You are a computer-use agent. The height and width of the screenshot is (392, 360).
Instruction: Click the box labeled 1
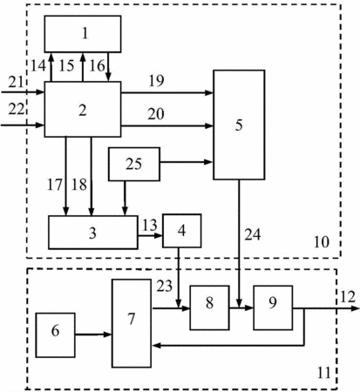pyautogui.click(x=83, y=34)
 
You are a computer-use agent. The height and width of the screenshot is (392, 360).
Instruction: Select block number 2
pyautogui.click(x=83, y=109)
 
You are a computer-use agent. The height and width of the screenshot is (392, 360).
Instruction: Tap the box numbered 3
pyautogui.click(x=93, y=233)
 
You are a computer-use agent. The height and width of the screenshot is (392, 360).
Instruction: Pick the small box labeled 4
pyautogui.click(x=182, y=231)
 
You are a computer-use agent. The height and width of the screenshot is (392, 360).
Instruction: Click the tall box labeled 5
pyautogui.click(x=239, y=125)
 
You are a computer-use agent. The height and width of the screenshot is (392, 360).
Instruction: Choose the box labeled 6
pyautogui.click(x=55, y=335)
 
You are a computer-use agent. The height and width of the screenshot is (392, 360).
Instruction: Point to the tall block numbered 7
pyautogui.click(x=132, y=323)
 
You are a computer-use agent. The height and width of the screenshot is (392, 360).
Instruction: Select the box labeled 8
pyautogui.click(x=209, y=308)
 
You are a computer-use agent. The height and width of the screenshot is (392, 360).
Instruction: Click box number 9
pyautogui.click(x=273, y=308)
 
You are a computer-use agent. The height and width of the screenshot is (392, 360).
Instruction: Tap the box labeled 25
pyautogui.click(x=134, y=165)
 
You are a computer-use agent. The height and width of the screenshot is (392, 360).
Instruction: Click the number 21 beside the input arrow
pyautogui.click(x=16, y=82)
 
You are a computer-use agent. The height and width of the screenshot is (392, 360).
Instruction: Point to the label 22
pyautogui.click(x=16, y=110)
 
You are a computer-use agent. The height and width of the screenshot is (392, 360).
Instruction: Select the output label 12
pyautogui.click(x=348, y=297)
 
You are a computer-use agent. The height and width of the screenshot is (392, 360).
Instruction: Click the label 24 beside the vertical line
pyautogui.click(x=253, y=234)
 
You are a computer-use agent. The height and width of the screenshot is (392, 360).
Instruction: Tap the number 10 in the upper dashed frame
pyautogui.click(x=322, y=242)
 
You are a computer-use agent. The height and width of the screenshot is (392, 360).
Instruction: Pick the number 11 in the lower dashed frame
pyautogui.click(x=323, y=373)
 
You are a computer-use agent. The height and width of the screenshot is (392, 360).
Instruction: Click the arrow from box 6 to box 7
pyautogui.click(x=93, y=335)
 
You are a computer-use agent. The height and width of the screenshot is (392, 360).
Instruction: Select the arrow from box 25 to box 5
pyautogui.click(x=187, y=162)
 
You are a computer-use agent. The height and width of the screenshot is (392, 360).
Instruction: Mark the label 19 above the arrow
pyautogui.click(x=156, y=81)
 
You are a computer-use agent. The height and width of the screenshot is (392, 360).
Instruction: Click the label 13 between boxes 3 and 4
pyautogui.click(x=150, y=225)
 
